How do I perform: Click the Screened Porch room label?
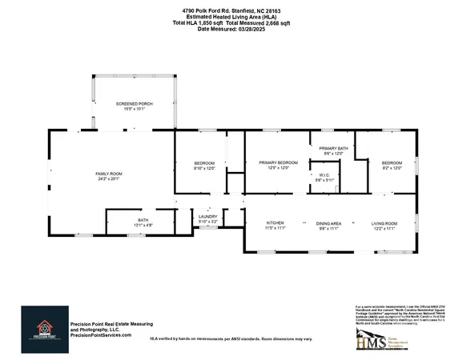pyautogui.click(x=134, y=104)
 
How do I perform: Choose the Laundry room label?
pyautogui.click(x=208, y=216)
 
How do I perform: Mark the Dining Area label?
pyautogui.click(x=330, y=222)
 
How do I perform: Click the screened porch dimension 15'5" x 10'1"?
pyautogui.click(x=134, y=110)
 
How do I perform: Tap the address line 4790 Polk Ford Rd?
pyautogui.click(x=232, y=10)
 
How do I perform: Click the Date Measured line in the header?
pyautogui.click(x=232, y=30)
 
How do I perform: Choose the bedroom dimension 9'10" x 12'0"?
pyautogui.click(x=205, y=169)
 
